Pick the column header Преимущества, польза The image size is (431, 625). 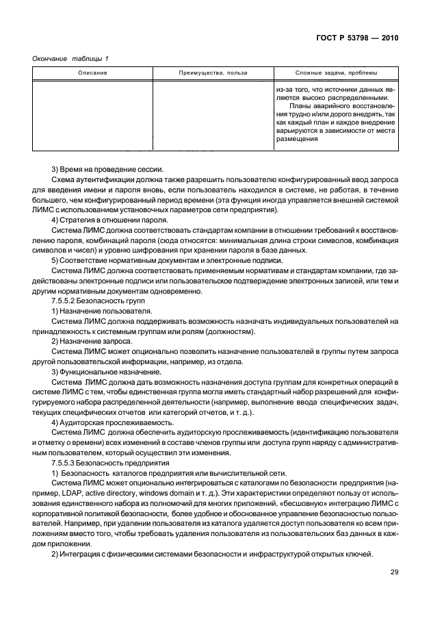click(x=212, y=73)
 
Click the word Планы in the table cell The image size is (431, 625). click(x=301, y=106)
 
